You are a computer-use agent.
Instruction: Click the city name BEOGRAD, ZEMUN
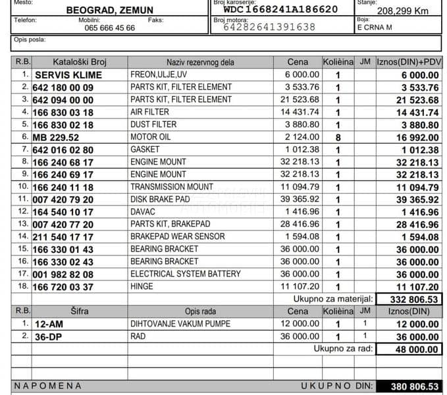[109, 10]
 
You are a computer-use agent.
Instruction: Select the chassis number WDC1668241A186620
[280, 9]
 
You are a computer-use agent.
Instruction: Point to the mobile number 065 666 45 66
[110, 28]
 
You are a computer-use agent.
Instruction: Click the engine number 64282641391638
[269, 27]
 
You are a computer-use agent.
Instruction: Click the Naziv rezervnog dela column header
[200, 62]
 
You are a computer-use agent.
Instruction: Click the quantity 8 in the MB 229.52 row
[338, 137]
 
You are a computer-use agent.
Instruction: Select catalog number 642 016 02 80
[63, 149]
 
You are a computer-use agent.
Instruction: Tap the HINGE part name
[142, 286]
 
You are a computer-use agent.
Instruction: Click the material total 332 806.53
[408, 299]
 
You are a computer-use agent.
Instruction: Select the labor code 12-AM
[48, 324]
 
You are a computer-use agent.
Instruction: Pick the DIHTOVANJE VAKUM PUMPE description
[180, 324]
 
